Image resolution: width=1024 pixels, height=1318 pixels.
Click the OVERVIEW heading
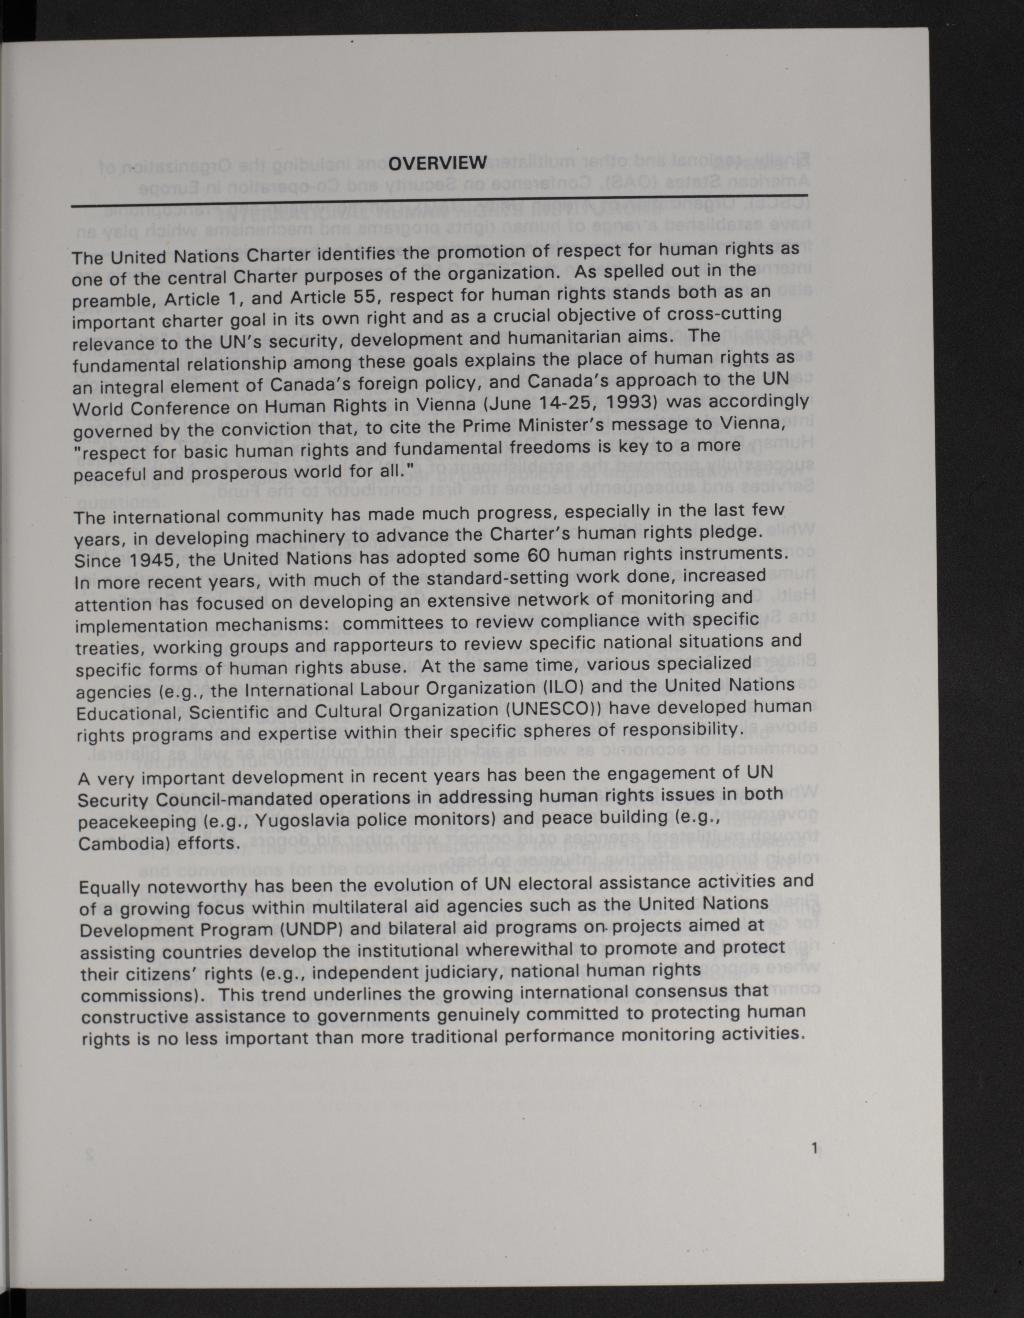[x=438, y=163]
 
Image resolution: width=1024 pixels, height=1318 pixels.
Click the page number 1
[x=814, y=1149]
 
